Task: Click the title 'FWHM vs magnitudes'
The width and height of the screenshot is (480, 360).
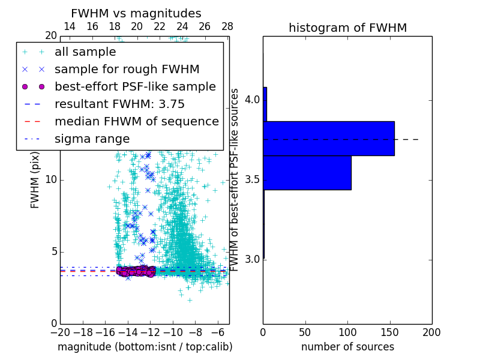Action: coord(136,13)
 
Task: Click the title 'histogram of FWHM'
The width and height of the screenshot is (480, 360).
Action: coord(347,28)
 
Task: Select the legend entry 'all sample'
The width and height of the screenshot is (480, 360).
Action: coord(85,52)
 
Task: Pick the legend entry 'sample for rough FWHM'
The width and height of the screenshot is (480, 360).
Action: coord(127,70)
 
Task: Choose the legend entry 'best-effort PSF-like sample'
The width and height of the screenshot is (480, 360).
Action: coord(135,87)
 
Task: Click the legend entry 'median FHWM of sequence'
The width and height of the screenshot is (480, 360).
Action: coord(136,122)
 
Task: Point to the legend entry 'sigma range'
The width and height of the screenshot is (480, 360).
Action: coord(92,139)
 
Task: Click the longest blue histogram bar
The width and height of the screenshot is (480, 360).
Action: coord(328,138)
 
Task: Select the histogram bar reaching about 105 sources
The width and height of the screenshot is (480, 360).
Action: coord(307,173)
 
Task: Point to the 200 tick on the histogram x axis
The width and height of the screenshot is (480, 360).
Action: coord(431,332)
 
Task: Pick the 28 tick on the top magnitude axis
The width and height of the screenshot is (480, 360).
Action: coord(227,26)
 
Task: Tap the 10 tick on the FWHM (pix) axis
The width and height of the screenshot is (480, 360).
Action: coord(51,180)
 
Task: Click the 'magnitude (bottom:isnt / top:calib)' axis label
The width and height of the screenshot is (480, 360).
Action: coord(145,347)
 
